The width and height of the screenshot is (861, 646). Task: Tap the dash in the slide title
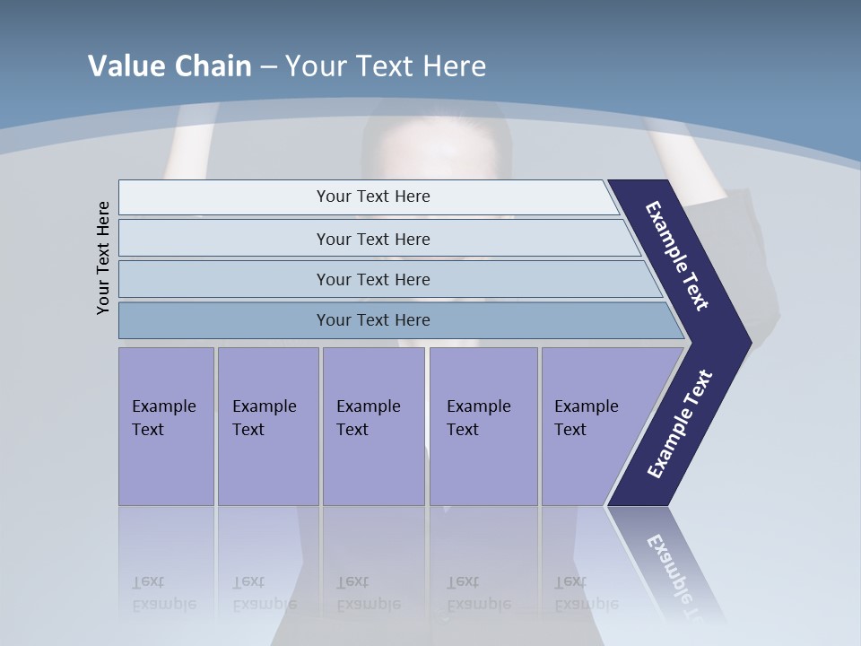pyautogui.click(x=268, y=67)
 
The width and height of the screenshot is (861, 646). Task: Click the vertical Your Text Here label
pyautogui.click(x=103, y=258)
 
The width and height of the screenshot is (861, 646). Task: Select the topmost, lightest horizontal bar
pyautogui.click(x=368, y=196)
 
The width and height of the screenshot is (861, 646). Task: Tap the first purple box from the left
pyautogui.click(x=166, y=426)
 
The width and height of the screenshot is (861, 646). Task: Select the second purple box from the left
pyautogui.click(x=268, y=426)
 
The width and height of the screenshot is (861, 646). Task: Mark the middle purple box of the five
pyautogui.click(x=373, y=426)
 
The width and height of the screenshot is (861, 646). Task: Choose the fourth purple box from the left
pyautogui.click(x=483, y=426)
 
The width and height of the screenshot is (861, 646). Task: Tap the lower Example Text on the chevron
pyautogui.click(x=680, y=424)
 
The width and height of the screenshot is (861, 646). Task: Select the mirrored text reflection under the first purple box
pyautogui.click(x=164, y=593)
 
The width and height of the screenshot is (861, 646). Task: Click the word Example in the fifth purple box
pyautogui.click(x=587, y=406)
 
